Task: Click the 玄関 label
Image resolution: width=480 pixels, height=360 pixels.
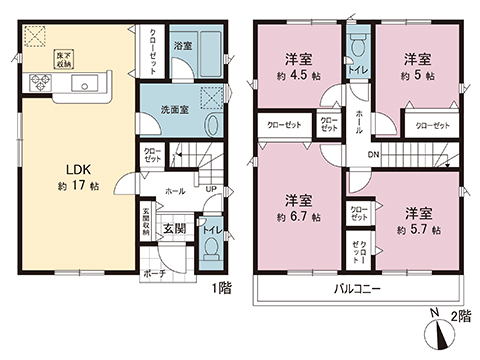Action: (x=173, y=229)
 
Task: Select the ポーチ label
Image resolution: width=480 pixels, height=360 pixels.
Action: (x=153, y=272)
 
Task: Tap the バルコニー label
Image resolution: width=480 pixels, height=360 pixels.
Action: (x=357, y=290)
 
